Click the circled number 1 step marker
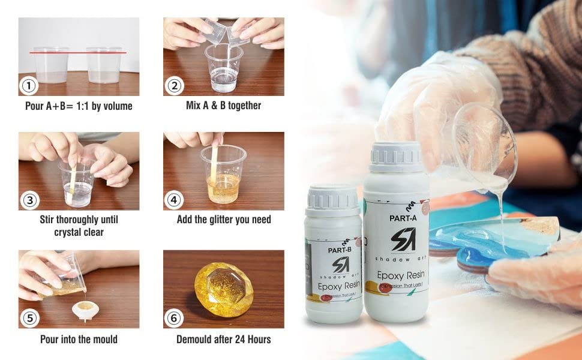(28, 86)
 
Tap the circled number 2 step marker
(173, 86)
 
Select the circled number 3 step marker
(28, 200)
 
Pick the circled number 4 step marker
(173, 200)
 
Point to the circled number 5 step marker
(28, 319)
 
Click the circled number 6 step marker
(173, 319)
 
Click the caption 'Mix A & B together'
(223, 106)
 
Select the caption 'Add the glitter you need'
(223, 220)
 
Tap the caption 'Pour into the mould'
(79, 339)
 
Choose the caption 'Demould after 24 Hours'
(223, 339)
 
